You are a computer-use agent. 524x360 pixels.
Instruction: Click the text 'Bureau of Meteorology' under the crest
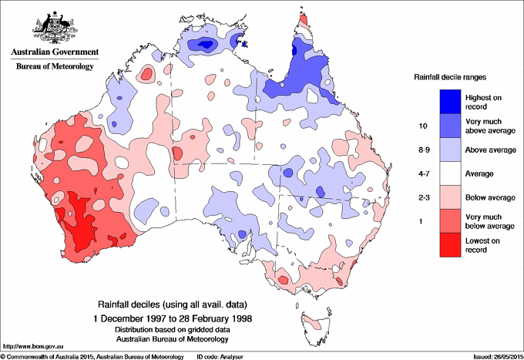(55, 67)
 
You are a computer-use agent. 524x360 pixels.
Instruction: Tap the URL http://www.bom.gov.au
(32, 347)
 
